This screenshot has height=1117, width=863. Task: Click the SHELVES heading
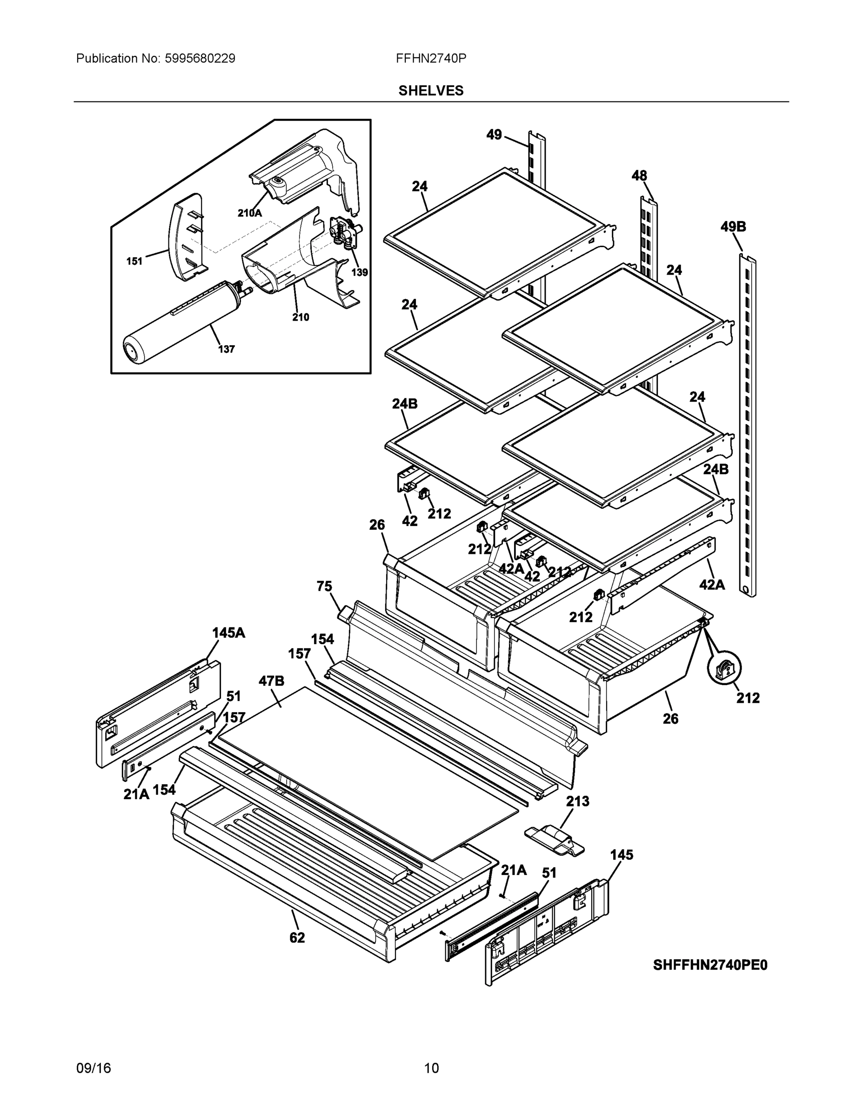click(430, 91)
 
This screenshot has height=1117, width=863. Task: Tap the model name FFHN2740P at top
click(430, 58)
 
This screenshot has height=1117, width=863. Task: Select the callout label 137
click(226, 350)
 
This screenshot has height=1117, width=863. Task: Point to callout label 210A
click(249, 213)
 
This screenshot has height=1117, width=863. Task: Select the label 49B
click(733, 227)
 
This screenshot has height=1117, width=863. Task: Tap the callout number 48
click(639, 176)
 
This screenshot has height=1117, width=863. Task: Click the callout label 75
click(324, 586)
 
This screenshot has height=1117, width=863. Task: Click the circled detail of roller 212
click(724, 669)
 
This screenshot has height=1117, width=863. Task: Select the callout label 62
click(296, 937)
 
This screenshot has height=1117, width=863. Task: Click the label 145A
click(228, 633)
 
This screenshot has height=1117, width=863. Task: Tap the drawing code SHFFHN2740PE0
click(709, 965)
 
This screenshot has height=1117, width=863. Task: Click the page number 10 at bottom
click(431, 1068)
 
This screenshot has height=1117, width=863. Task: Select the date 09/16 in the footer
click(94, 1068)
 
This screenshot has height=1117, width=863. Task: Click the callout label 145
click(621, 855)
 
